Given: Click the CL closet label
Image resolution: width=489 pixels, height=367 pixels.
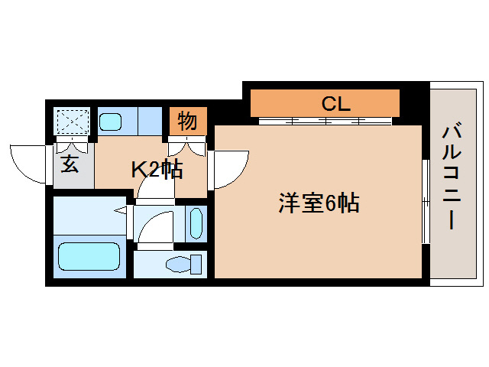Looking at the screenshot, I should pos(335,103).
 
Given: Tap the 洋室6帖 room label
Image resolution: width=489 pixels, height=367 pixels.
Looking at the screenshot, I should pos(318,204).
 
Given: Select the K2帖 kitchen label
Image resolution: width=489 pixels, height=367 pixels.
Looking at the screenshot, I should pos(156,170).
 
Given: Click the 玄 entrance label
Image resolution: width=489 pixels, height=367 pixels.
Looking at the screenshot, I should pos(70,163).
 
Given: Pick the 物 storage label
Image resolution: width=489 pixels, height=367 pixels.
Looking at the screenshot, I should pos(187,120).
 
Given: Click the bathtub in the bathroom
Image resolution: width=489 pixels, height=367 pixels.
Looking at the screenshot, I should pos(89,257).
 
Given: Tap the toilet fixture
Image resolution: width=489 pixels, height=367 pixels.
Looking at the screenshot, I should pos(184,265).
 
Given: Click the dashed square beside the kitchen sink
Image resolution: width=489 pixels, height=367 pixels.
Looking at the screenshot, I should pos(74,121).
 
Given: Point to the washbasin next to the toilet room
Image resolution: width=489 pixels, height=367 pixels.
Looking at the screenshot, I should pos(196,223).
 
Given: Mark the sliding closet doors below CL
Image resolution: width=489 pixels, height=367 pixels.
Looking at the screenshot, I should pos(325,121).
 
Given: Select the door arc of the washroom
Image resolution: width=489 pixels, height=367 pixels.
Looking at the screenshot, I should pos(156,227).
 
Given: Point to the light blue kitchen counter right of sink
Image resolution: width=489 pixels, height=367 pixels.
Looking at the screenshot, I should pos(149,120).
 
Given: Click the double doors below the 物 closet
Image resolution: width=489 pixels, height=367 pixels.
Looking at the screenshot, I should pos(187,145).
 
